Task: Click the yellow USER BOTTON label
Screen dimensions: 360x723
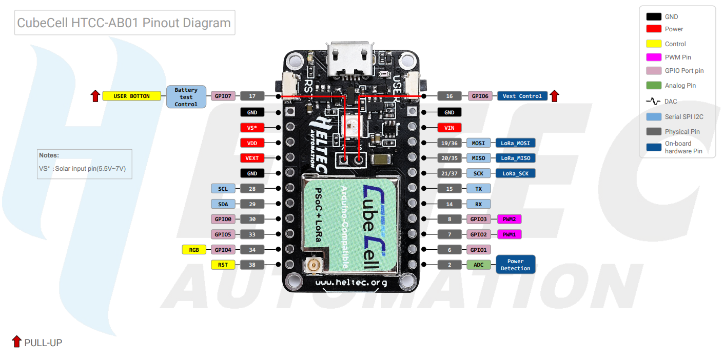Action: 132,96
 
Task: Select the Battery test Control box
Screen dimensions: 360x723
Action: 186,96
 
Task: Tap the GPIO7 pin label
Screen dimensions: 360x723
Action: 223,96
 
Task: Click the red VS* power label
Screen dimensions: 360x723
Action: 252,127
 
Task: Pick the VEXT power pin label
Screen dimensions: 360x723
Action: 252,158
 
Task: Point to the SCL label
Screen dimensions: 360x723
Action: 223,189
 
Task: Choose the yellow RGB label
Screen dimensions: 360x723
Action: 194,250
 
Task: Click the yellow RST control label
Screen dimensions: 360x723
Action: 223,265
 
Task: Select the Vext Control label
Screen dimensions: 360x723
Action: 522,96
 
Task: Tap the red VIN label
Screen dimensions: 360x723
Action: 450,127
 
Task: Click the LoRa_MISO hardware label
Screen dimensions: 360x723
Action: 516,158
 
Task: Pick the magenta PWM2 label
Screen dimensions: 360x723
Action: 509,219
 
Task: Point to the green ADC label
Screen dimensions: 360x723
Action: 478,265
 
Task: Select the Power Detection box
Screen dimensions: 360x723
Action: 515,265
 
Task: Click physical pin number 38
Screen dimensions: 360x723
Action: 252,265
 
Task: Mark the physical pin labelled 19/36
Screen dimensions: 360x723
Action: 450,143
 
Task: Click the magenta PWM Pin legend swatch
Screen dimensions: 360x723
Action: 654,57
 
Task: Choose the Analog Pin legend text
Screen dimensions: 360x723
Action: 680,86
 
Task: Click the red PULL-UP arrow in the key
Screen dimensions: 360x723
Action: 16,342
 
